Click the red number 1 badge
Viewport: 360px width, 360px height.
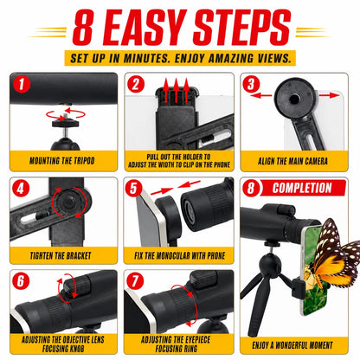pyautogui.click(x=22, y=85)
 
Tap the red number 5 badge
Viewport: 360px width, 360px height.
pyautogui.click(x=133, y=189)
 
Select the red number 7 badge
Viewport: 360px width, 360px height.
pyautogui.click(x=135, y=280)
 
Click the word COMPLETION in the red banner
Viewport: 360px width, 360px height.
pyautogui.click(x=302, y=188)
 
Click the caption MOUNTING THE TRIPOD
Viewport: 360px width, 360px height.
pyautogui.click(x=62, y=161)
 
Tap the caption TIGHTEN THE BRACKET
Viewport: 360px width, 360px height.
pyautogui.click(x=61, y=255)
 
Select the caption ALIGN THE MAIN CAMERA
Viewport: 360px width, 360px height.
pyautogui.click(x=292, y=161)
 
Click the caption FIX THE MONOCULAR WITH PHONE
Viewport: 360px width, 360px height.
pyautogui.click(x=179, y=255)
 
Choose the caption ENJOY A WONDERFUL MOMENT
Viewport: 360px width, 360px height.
pyautogui.click(x=292, y=345)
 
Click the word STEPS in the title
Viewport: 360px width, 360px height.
pyautogui.click(x=242, y=28)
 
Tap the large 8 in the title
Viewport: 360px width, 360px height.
pyautogui.click(x=83, y=28)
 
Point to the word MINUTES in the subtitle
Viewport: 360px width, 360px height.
pyautogui.click(x=147, y=58)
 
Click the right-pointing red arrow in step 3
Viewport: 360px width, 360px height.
pyautogui.click(x=330, y=95)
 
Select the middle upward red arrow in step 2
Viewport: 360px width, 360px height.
pyautogui.click(x=177, y=90)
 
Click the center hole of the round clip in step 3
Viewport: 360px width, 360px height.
pyautogui.click(x=294, y=100)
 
